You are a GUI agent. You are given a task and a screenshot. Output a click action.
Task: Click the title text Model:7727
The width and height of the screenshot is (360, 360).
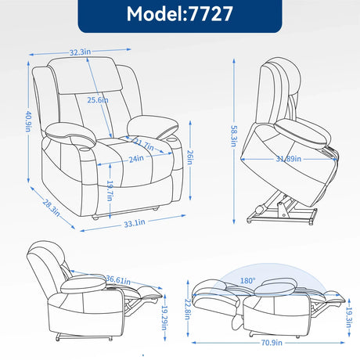point(179,16)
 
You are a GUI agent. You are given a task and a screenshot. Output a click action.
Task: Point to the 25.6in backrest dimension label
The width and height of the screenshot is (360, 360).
point(98,99)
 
